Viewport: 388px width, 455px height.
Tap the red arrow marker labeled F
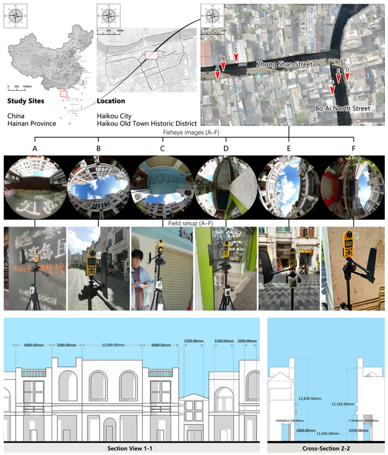332,90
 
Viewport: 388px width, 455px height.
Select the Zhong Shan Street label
284,64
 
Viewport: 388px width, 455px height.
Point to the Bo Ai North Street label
343,108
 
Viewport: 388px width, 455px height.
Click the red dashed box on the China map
64,94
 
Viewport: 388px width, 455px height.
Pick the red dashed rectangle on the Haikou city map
152,55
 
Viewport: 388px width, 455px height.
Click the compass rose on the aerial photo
212,16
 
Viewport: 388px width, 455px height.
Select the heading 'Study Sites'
26,101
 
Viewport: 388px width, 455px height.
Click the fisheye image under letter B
99,187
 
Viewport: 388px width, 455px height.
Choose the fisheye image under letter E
289,187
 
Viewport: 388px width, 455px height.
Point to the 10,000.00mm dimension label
113,345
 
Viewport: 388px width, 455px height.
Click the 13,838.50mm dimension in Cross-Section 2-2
310,399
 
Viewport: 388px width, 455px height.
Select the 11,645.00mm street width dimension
328,433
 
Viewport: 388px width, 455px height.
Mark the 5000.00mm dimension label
67,345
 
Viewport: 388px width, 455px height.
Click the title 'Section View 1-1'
130,448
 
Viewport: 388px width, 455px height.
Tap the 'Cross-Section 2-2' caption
326,448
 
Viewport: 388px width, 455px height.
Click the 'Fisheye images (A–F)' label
191,132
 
